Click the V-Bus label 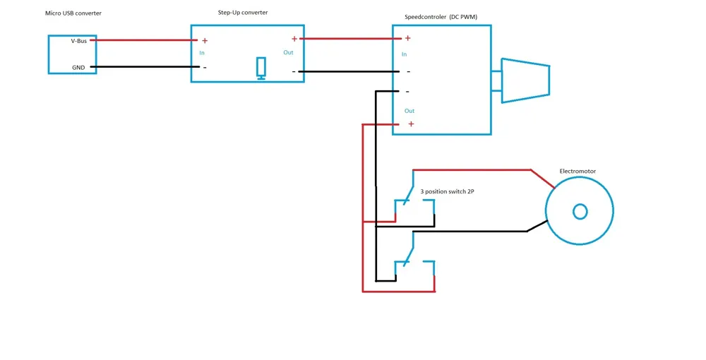(x=79, y=41)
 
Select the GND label (x=78, y=68)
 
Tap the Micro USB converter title (x=73, y=13)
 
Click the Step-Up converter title (x=243, y=13)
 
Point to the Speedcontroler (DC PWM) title (x=441, y=17)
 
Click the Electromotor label (x=578, y=171)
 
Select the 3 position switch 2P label (x=447, y=191)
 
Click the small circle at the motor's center (x=580, y=212)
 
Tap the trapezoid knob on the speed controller (x=525, y=80)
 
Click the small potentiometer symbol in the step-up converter (x=261, y=68)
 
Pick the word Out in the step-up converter (x=288, y=53)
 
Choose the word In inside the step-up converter (x=202, y=53)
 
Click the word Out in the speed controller (x=409, y=111)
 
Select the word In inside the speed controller (x=404, y=54)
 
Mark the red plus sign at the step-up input (x=205, y=41)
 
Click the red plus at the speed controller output (x=411, y=124)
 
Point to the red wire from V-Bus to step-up (x=143, y=40)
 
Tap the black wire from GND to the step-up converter (x=145, y=67)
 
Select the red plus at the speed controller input (x=407, y=38)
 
